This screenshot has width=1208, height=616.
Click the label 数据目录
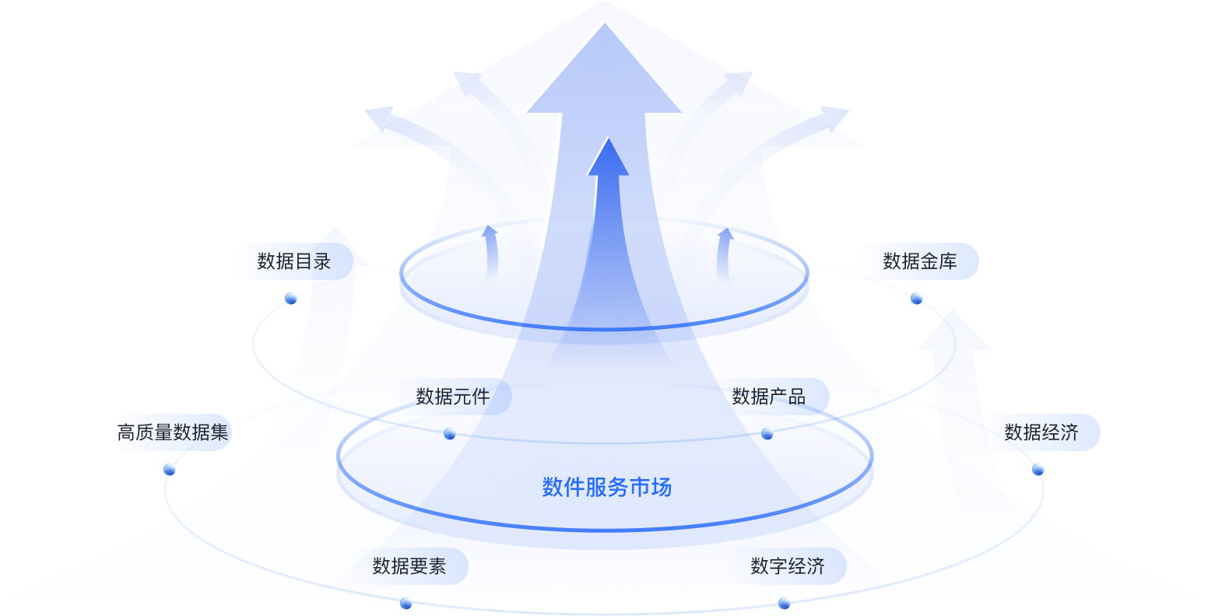[x=294, y=261]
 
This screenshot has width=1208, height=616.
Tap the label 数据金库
[x=920, y=261]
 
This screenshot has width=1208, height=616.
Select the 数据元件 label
[x=453, y=397]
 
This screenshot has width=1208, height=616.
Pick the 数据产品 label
[x=769, y=397]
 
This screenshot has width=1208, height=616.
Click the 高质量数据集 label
[x=173, y=432]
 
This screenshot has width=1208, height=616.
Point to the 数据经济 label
[x=1041, y=432]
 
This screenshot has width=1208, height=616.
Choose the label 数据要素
[x=409, y=566]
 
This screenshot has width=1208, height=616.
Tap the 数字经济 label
[x=788, y=566]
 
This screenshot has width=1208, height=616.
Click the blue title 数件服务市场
[x=607, y=488]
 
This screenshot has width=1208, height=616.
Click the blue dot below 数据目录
[x=291, y=299]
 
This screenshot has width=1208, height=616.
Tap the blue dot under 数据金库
[x=917, y=299]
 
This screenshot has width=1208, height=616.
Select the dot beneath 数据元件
[x=450, y=434]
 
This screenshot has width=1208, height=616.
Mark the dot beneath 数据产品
[x=767, y=434]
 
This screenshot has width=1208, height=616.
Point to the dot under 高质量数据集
[x=170, y=470]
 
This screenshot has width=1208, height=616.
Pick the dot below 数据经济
[x=1038, y=470]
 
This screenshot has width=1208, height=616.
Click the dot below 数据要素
[x=406, y=604]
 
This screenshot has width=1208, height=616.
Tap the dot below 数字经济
[x=785, y=604]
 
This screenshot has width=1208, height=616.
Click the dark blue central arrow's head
[x=608, y=159]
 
